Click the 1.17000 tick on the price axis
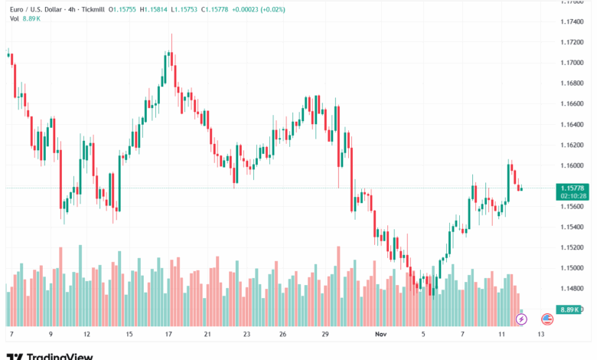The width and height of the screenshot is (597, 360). (573, 63)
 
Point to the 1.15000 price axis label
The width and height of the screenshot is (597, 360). (573, 268)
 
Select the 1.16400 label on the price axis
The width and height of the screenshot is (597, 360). (573, 124)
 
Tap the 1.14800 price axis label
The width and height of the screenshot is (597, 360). (573, 289)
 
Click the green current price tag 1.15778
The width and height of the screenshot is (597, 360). (573, 188)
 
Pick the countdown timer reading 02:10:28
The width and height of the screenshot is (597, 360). (573, 196)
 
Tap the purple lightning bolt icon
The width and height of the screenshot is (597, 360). (523, 318)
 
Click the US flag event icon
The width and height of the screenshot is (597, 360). (547, 318)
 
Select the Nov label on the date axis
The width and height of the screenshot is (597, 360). (381, 335)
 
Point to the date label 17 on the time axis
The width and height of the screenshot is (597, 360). (167, 335)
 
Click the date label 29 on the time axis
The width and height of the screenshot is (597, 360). (325, 335)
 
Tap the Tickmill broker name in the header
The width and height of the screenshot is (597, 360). (90, 9)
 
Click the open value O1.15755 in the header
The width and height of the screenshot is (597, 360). (122, 9)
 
